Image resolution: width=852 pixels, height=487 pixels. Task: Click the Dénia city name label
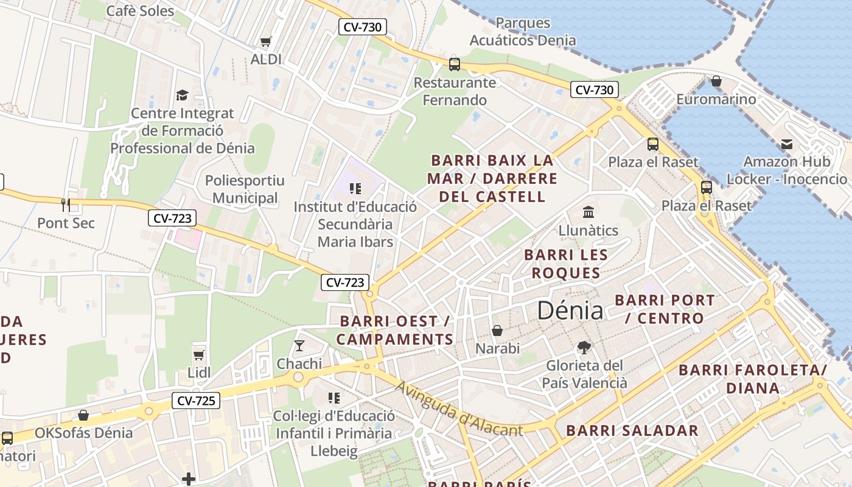coord(570,311)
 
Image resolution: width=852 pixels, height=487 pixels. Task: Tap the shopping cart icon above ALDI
coord(265,42)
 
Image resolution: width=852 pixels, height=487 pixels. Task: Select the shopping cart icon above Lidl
coord(198,355)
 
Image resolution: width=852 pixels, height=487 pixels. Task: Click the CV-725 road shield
coord(195,401)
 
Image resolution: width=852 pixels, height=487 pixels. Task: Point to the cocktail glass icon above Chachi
coord(299,346)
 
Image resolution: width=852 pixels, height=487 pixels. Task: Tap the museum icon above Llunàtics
coord(588,212)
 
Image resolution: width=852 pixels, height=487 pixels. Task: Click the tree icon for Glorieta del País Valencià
coord(584,348)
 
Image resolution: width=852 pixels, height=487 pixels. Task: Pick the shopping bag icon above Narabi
coord(497,331)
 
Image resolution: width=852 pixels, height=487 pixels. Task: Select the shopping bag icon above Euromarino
coord(716,81)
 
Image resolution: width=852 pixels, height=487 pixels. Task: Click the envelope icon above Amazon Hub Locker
coord(787,144)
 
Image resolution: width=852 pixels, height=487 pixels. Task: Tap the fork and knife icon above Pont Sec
coord(66,205)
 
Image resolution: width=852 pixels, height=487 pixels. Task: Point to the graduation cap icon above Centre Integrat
coord(182,95)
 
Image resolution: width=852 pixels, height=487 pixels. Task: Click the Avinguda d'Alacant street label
coord(459,410)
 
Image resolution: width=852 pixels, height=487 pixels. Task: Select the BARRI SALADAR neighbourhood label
coord(632,430)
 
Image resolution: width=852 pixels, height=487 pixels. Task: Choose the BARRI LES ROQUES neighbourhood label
coord(566,264)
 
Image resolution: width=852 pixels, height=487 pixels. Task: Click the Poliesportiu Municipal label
coord(245,189)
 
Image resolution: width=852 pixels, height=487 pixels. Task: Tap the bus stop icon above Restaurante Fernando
coord(454,64)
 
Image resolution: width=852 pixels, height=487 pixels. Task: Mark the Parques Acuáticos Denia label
coord(523,32)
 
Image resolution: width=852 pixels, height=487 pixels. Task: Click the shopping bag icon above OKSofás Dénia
coord(83,415)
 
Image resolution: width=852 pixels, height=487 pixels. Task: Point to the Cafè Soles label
coord(140,11)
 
